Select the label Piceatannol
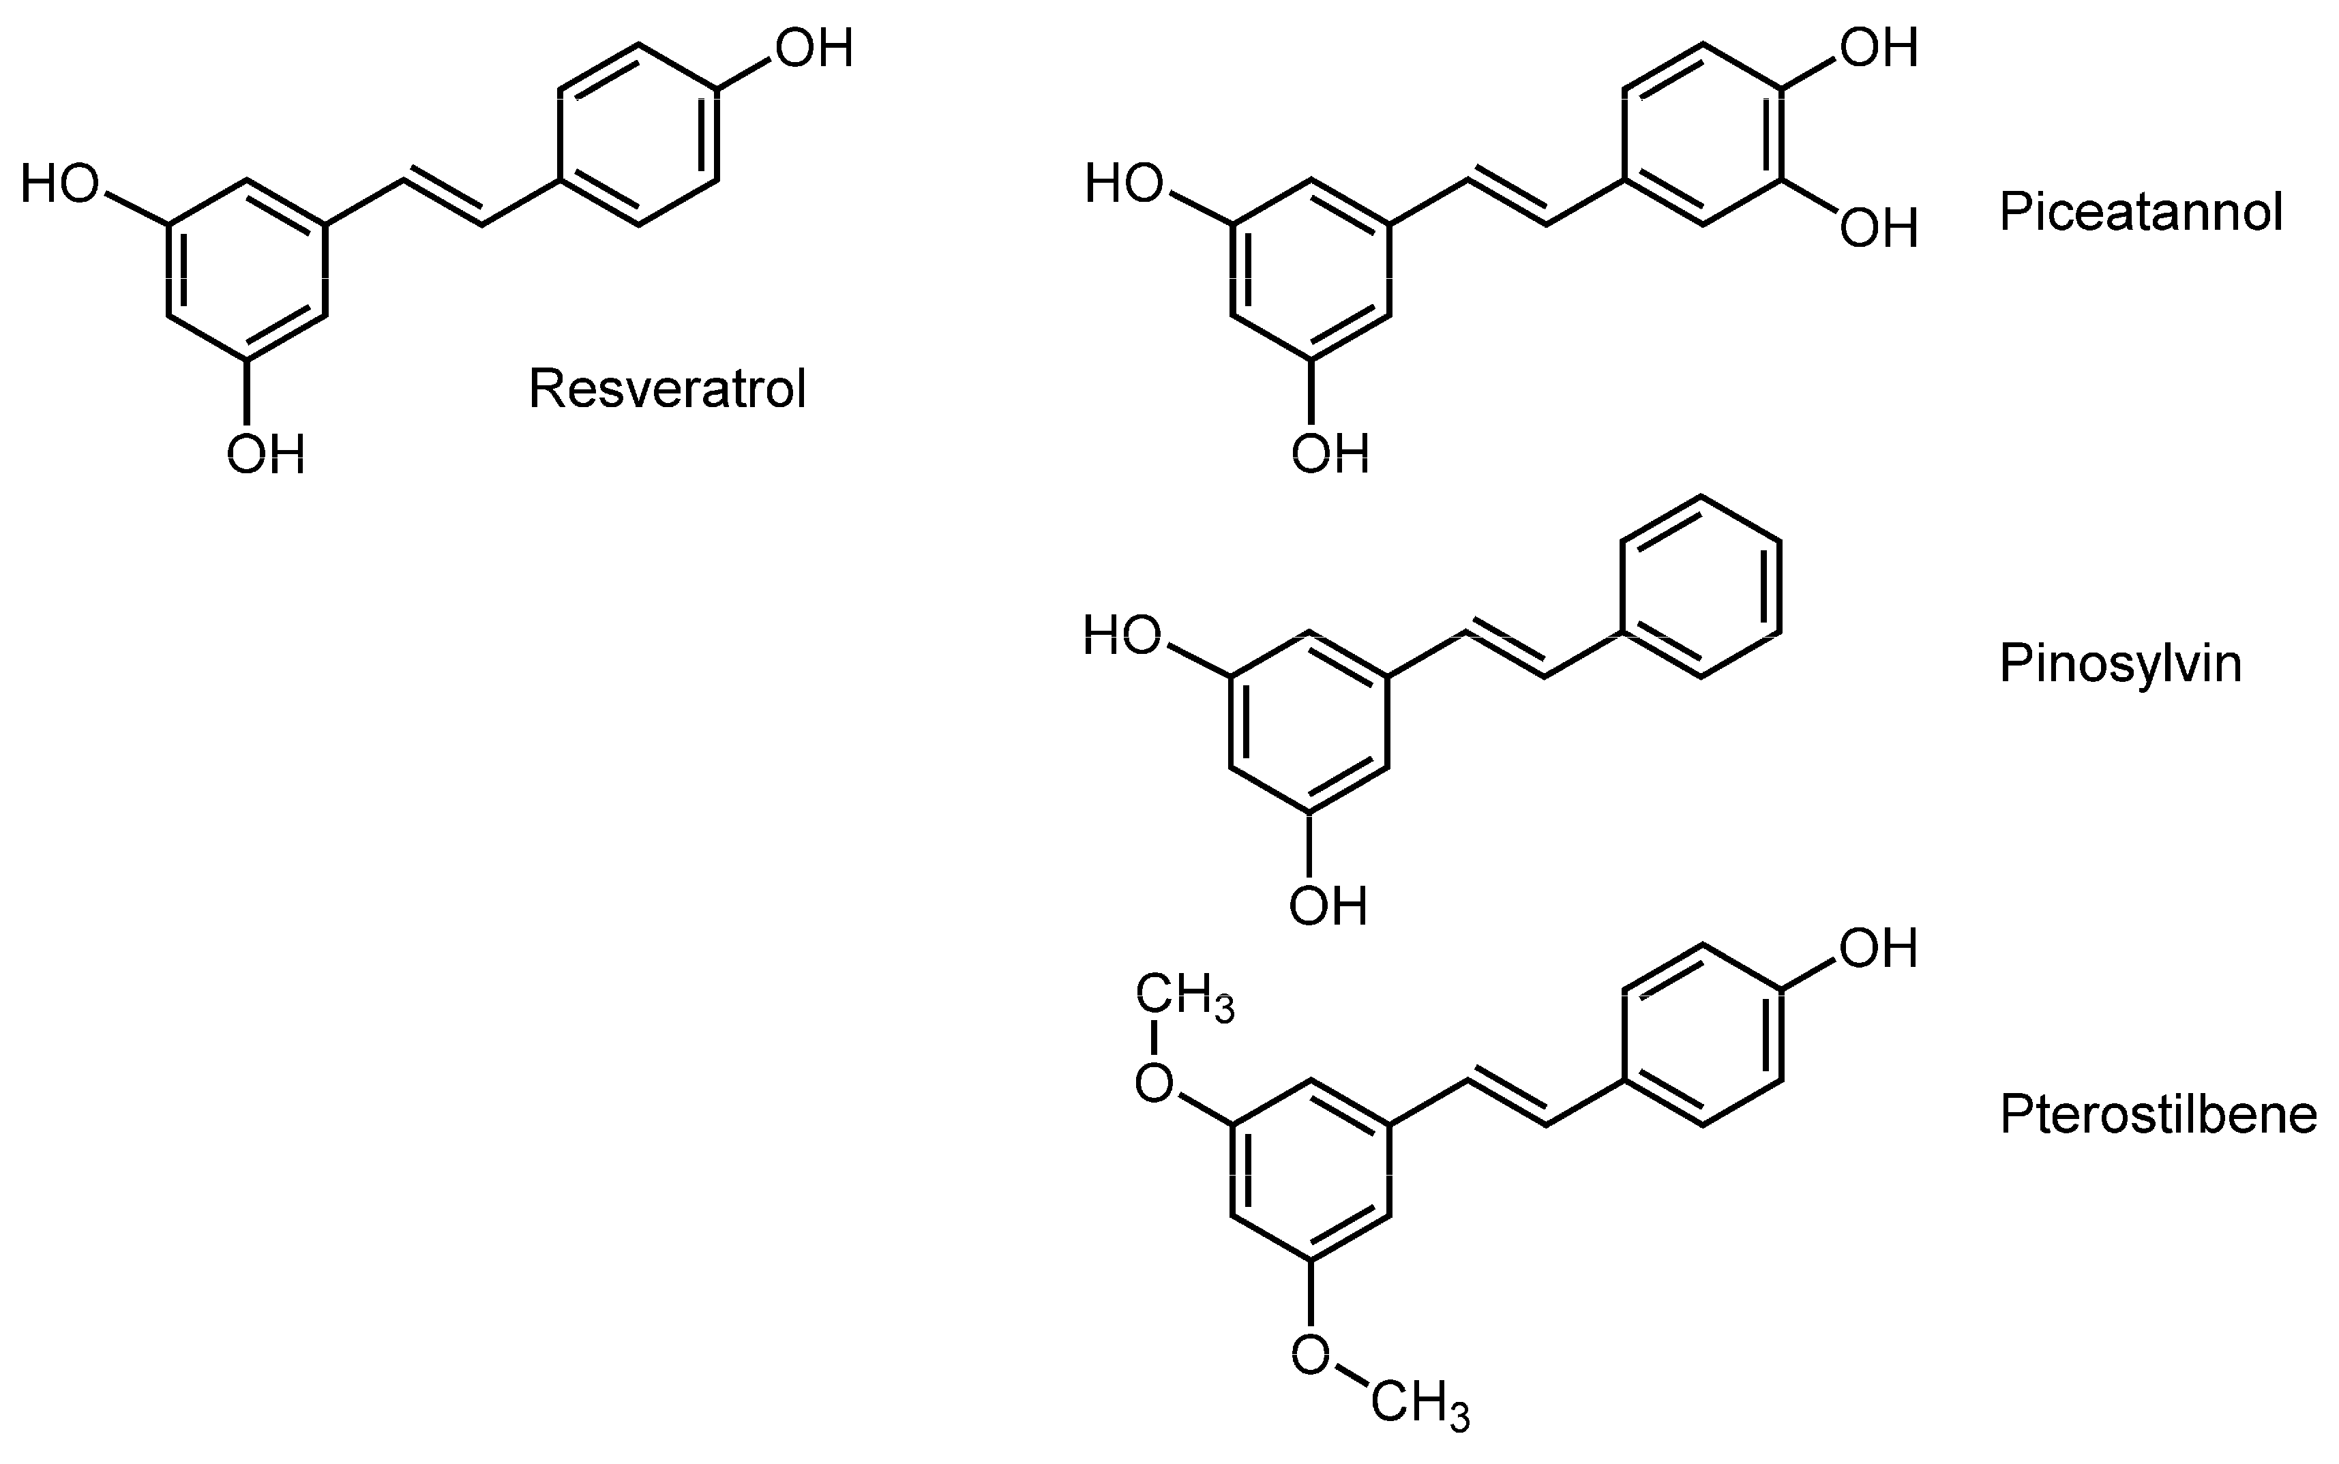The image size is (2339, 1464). (2141, 212)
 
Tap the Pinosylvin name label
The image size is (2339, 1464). (2120, 664)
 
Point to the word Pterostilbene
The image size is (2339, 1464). (2158, 1114)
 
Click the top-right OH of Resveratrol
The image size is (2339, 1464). (814, 48)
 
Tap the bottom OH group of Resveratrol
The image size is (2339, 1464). (265, 453)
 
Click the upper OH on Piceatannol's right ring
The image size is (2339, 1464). (1878, 48)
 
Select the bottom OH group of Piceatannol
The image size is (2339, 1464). (1330, 453)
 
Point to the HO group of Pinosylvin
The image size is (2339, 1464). (1122, 636)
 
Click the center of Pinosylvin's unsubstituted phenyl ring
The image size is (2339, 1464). (1701, 588)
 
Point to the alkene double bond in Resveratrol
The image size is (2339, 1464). (443, 201)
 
